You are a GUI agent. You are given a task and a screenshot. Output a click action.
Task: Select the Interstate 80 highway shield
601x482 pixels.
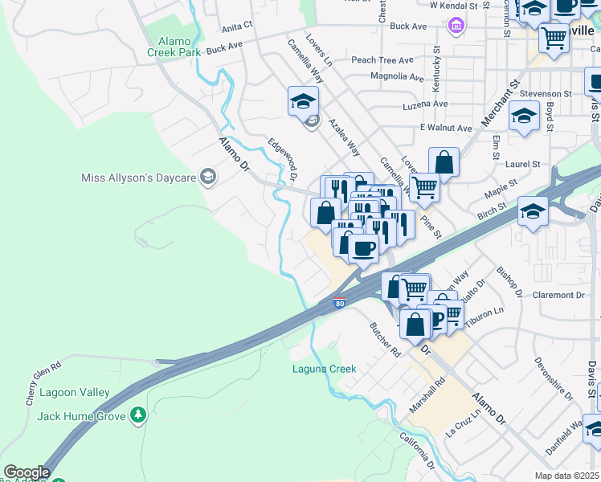(x=340, y=304)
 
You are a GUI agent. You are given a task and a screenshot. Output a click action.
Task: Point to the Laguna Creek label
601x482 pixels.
(x=324, y=369)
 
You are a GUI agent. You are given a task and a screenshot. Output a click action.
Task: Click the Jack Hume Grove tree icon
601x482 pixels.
(x=140, y=415)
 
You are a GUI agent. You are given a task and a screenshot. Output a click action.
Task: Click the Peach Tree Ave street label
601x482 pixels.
(x=382, y=60)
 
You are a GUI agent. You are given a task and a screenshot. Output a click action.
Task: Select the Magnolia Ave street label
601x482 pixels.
(x=397, y=77)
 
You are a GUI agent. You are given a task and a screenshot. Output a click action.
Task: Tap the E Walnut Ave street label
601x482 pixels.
(x=445, y=128)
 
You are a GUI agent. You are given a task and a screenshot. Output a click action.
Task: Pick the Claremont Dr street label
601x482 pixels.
(x=558, y=296)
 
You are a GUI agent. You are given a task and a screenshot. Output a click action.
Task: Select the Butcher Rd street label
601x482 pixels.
(x=385, y=340)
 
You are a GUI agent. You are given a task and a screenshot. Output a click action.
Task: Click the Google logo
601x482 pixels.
(x=26, y=472)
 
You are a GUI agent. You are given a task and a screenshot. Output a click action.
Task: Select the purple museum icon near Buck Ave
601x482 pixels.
(x=456, y=27)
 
